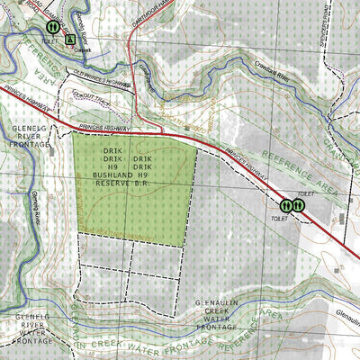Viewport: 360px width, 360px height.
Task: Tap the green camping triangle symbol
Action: (69, 40)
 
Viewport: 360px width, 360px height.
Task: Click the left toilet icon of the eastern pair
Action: (285, 205)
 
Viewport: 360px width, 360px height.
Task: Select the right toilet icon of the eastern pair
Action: (298, 205)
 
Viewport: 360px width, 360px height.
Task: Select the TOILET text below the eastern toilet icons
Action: (276, 219)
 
